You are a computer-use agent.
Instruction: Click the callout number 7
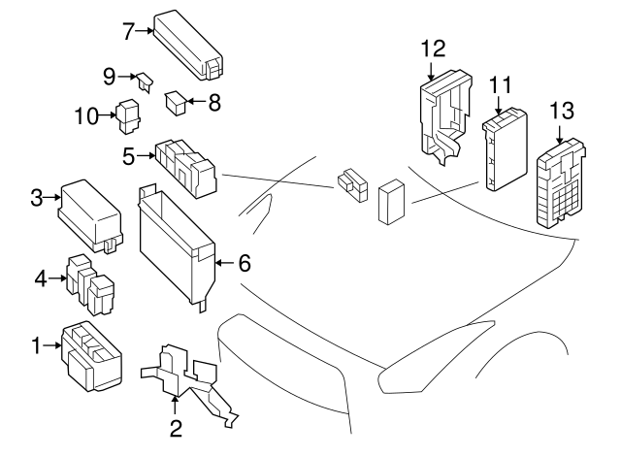click(127, 31)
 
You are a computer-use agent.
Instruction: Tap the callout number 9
click(109, 74)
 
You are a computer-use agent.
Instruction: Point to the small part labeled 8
click(175, 100)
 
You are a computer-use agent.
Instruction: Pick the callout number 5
click(127, 153)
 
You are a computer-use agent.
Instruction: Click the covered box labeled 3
click(90, 211)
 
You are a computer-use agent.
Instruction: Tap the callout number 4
click(40, 278)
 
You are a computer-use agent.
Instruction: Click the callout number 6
click(245, 262)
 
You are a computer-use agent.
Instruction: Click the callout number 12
click(433, 47)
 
